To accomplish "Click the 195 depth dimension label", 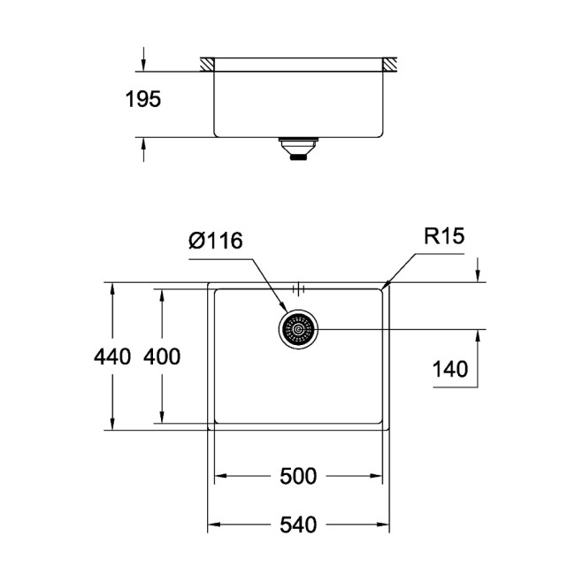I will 142,99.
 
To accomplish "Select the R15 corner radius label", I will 443,236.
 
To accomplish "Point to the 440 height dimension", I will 111,357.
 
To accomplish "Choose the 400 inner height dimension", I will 162,357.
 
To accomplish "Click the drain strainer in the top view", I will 298,330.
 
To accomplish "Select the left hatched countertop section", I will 207,65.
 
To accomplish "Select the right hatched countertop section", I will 390,65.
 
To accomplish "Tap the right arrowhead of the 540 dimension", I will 384,525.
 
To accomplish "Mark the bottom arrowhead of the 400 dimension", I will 162,425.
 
